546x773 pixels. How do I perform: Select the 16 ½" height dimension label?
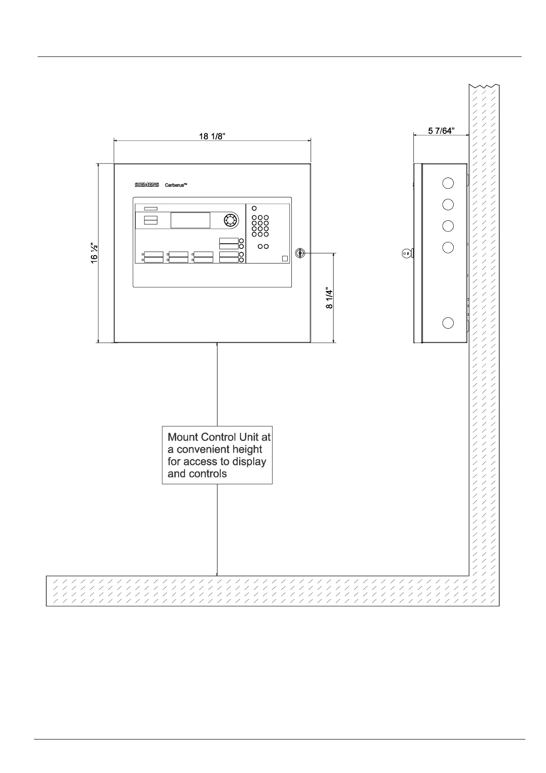point(94,253)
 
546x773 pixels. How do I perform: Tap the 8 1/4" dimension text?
point(329,298)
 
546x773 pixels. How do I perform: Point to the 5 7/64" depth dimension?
point(441,131)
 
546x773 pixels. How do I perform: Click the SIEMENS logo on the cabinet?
point(146,185)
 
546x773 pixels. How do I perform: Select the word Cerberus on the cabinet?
point(176,185)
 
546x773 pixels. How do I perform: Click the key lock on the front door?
point(300,252)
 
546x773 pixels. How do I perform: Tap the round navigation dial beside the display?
point(229,220)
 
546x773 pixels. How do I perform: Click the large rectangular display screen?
point(190,220)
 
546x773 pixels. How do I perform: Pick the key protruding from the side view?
point(407,252)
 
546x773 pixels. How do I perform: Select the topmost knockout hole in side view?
point(448,183)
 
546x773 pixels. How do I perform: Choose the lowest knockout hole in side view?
point(448,323)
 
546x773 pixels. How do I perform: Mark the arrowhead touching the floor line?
point(217,573)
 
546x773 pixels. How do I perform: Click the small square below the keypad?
point(285,258)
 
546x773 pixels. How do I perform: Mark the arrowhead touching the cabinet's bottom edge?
point(217,345)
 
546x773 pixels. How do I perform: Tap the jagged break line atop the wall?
point(484,86)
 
